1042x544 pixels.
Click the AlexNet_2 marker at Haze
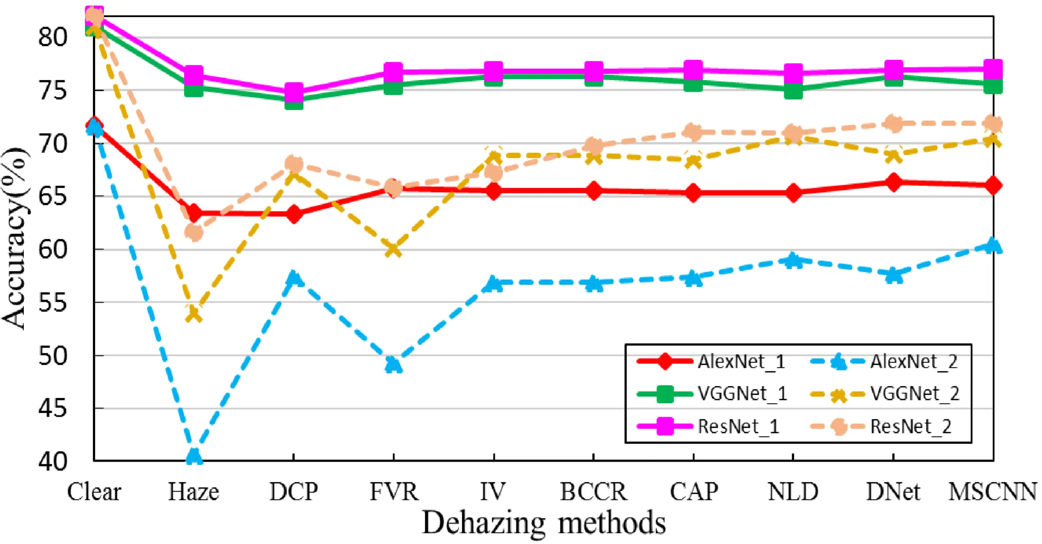tap(194, 456)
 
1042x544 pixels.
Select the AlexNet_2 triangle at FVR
tap(393, 364)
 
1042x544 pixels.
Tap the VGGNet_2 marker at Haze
tap(194, 314)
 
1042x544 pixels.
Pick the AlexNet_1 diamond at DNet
tap(894, 182)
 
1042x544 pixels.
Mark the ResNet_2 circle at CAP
tap(693, 132)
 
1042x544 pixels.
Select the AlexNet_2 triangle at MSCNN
tap(993, 245)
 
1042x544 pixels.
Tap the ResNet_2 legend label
tap(911, 426)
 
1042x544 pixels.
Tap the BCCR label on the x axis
tap(593, 492)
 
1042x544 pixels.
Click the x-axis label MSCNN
tap(993, 492)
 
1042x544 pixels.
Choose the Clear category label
tap(94, 492)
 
